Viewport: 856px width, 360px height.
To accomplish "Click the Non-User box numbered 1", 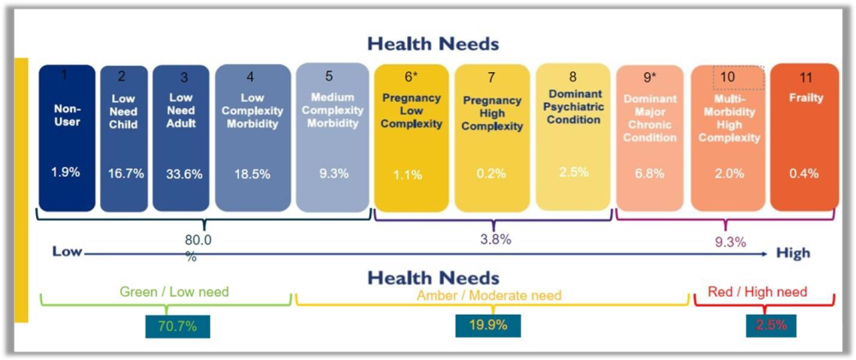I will point(67,137).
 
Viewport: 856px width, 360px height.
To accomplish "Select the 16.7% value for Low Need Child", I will point(123,173).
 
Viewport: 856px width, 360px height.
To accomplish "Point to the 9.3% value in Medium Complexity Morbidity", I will point(333,173).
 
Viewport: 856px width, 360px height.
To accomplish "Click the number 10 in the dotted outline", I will point(727,77).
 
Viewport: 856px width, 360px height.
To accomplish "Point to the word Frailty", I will point(805,98).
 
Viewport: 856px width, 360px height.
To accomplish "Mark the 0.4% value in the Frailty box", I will point(804,173).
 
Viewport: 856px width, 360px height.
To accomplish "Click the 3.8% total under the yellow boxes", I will point(495,240).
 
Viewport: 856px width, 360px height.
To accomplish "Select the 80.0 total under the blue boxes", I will point(197,242).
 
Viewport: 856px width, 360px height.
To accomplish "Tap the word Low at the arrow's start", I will point(66,252).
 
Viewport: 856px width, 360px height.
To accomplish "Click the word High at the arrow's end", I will point(792,254).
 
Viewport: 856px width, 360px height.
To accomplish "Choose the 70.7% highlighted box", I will point(178,325).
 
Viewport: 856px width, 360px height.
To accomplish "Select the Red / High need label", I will point(757,292).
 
